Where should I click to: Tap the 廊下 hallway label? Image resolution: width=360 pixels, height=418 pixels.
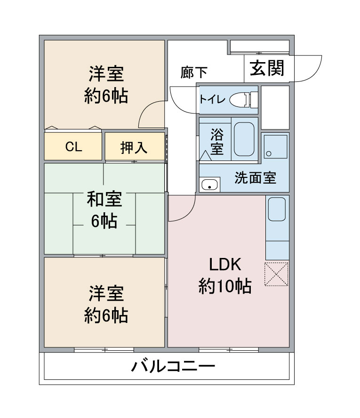pyautogui.click(x=194, y=72)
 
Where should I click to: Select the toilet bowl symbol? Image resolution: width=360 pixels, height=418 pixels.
pyautogui.click(x=240, y=99)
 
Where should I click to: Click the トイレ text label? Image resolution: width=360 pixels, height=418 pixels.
pyautogui.click(x=212, y=99)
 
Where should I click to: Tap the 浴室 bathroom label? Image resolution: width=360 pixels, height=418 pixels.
pyautogui.click(x=216, y=142)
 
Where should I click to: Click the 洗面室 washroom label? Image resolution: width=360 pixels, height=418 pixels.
pyautogui.click(x=255, y=178)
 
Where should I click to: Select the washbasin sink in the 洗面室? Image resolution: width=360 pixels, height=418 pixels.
pyautogui.click(x=209, y=185)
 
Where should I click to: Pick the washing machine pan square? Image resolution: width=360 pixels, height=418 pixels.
pyautogui.click(x=275, y=146)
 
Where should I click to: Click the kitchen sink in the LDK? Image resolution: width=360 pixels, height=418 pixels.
pyautogui.click(x=277, y=209)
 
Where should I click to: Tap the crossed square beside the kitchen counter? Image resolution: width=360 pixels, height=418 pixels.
pyautogui.click(x=277, y=274)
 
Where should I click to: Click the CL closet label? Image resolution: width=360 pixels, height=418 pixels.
pyautogui.click(x=73, y=147)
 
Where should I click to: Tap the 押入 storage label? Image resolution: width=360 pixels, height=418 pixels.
pyautogui.click(x=134, y=147)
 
